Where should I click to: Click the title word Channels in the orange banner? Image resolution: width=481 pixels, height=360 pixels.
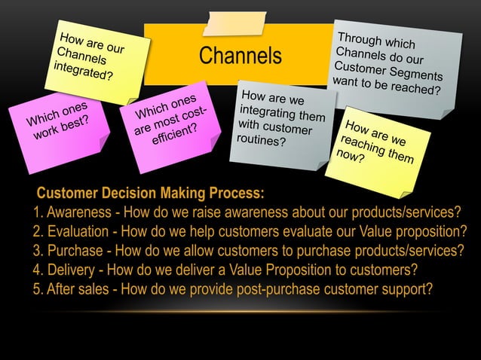click(x=240, y=56)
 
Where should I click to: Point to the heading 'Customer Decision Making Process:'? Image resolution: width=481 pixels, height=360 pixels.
click(x=151, y=192)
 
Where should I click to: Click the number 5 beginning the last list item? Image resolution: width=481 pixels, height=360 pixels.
click(x=37, y=289)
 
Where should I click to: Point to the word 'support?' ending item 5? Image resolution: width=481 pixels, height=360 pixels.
click(x=406, y=289)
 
